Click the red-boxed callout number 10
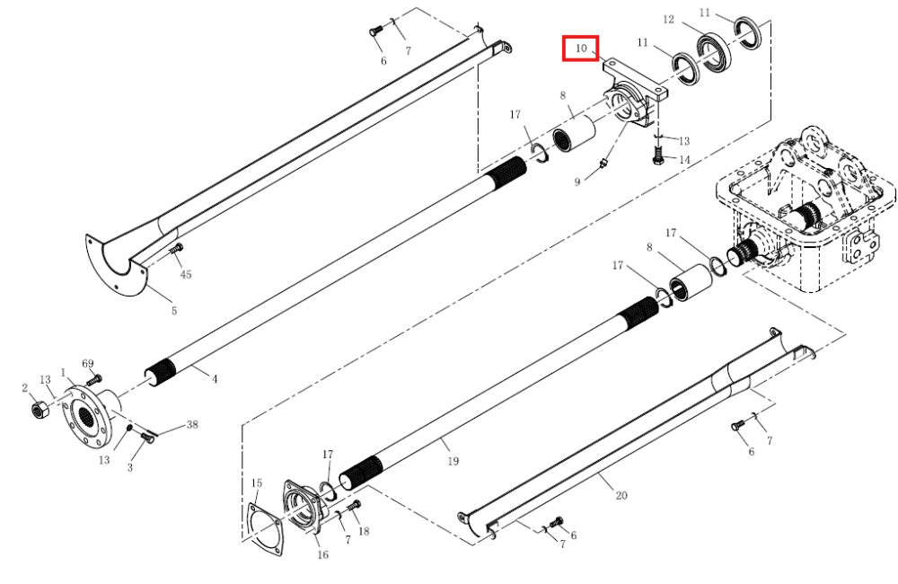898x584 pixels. tap(581, 49)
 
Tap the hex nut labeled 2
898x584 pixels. tap(40, 409)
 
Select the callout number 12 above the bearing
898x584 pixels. tap(668, 20)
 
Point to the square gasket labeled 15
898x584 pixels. tap(264, 530)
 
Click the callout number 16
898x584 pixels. tap(323, 554)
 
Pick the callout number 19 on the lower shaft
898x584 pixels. tap(453, 461)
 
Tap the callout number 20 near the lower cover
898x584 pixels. tap(621, 495)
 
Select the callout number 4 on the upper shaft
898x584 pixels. tap(215, 379)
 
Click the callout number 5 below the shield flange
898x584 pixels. tap(174, 311)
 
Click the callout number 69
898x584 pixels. tap(88, 363)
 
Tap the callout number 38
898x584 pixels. tap(192, 425)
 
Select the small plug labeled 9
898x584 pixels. tap(603, 165)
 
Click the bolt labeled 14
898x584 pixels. tap(658, 155)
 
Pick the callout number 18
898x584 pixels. tap(364, 531)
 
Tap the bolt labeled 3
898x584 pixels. tap(147, 438)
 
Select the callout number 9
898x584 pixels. tap(577, 181)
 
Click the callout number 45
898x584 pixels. tap(186, 275)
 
